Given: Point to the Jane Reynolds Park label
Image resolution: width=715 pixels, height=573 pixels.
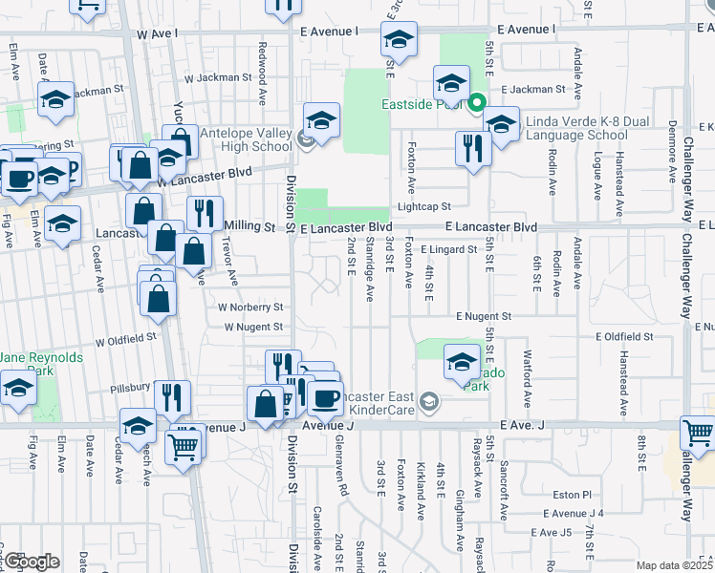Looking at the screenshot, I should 42,365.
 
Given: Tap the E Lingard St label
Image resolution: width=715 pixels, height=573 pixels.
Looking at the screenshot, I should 448,249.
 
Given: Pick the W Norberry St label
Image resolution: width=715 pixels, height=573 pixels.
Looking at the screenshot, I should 250,308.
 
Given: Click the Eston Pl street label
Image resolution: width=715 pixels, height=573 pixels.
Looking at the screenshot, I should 574,495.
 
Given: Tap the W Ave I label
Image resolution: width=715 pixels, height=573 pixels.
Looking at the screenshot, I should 158,33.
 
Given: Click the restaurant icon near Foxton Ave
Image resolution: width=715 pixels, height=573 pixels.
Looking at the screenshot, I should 473,147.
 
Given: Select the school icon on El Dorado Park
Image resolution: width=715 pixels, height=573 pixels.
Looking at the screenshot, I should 462,360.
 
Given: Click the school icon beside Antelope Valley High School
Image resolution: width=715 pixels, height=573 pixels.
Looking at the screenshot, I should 322,119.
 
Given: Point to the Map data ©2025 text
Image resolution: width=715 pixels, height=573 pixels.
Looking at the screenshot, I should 675,565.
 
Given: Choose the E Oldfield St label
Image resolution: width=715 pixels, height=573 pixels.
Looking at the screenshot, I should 623,337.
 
